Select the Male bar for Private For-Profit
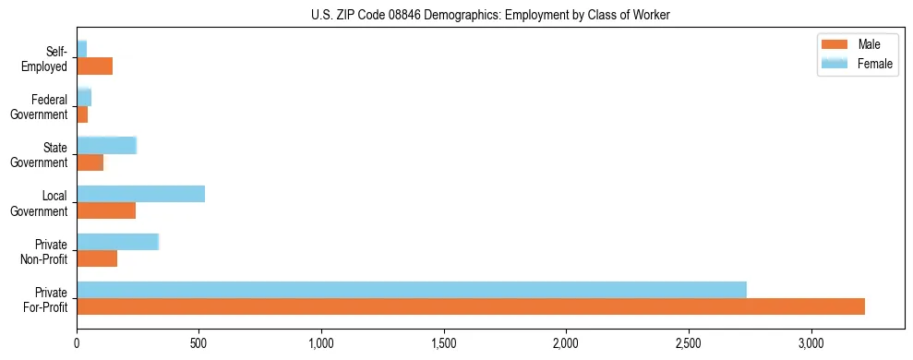[471, 306]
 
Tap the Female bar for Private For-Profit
[412, 289]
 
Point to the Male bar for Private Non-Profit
[97, 258]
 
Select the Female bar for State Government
[106, 145]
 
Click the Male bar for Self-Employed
[94, 66]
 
